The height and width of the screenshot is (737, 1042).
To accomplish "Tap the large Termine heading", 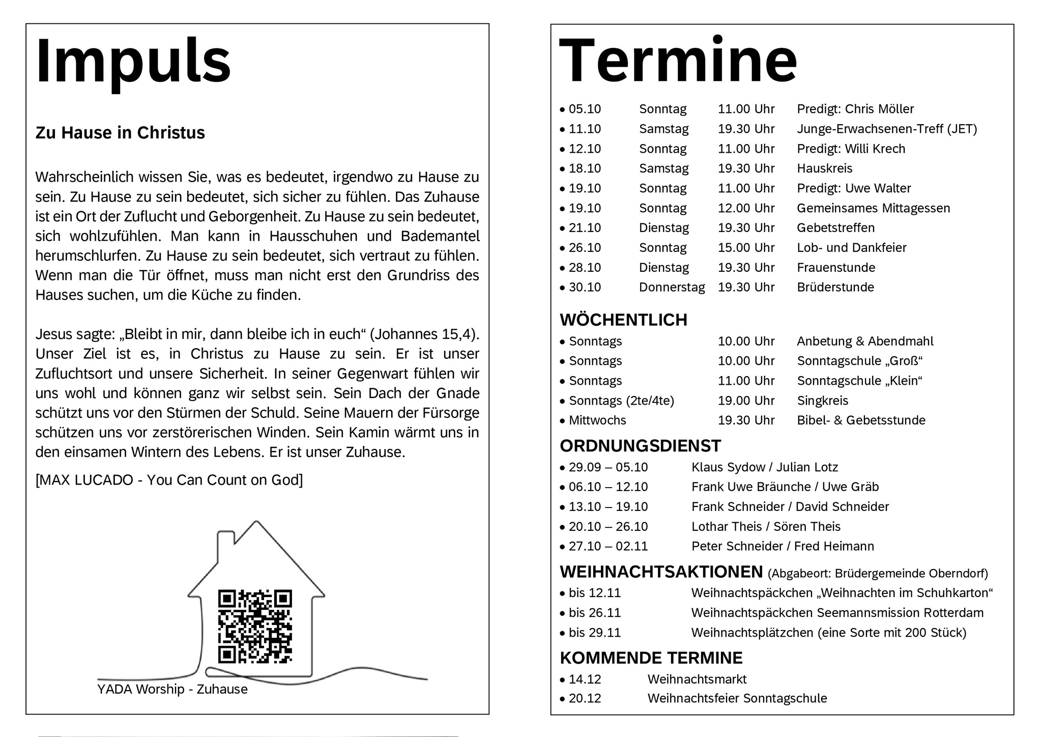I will (x=678, y=61).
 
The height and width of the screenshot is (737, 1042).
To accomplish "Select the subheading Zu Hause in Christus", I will (x=120, y=133).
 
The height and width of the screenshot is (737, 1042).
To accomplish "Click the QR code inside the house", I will (x=255, y=627).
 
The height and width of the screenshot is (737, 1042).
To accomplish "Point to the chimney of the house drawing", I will (x=225, y=545).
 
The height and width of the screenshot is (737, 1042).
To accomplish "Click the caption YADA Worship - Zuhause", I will (x=172, y=689).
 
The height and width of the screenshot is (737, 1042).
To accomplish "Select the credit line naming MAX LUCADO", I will (x=169, y=480).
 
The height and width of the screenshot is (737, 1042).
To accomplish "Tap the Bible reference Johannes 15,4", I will (x=423, y=334).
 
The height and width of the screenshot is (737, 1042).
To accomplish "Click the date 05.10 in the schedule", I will (x=585, y=109).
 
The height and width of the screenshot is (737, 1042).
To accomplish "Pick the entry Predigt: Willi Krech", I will (x=851, y=149).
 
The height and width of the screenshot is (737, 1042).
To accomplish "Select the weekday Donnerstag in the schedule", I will (x=672, y=287).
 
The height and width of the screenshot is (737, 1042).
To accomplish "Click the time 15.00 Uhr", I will (x=746, y=248).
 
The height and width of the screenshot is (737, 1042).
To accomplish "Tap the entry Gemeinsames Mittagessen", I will (x=873, y=208).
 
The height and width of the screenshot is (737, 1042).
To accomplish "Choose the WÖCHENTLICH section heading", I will (x=623, y=320).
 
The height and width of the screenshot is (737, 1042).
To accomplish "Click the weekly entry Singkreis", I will (x=822, y=401).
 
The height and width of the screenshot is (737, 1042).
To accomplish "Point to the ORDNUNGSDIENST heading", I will (x=640, y=446).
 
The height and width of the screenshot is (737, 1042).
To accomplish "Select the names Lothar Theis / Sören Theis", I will (x=765, y=526).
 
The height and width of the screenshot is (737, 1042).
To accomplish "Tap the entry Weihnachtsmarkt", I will (x=697, y=679).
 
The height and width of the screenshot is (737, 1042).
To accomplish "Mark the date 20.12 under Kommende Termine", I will (x=585, y=698).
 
